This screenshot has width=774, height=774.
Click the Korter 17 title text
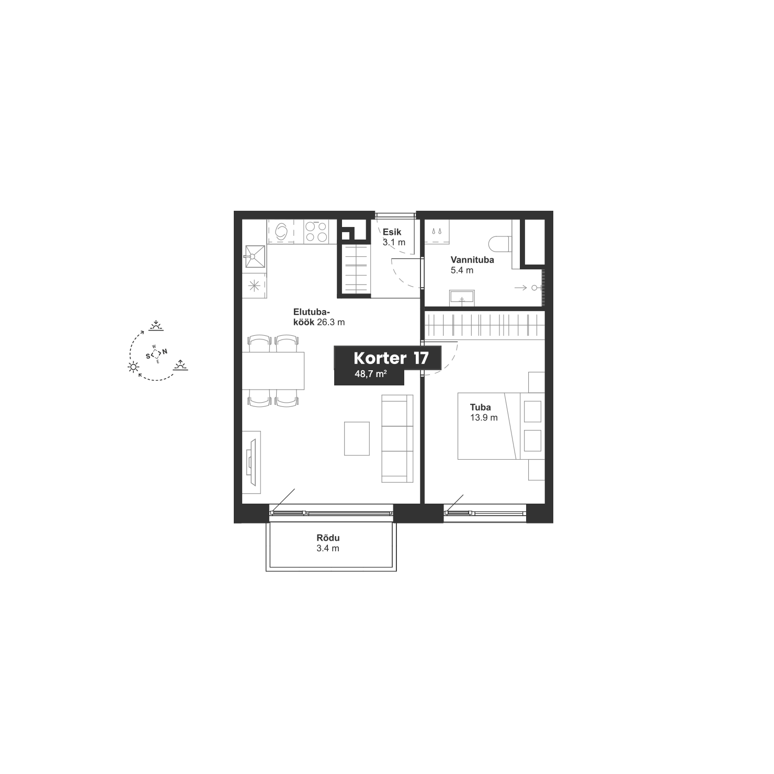point(391,358)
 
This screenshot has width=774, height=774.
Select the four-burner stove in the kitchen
point(316,232)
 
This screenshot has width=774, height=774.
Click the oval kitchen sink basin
point(281,231)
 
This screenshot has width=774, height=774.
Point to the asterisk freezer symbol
point(254,286)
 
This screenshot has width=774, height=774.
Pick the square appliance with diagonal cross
point(255,257)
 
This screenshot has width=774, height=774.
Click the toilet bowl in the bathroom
point(499,244)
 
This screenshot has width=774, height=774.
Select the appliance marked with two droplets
point(436,232)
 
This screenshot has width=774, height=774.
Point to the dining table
point(274,371)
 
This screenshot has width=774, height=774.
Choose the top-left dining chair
point(259,343)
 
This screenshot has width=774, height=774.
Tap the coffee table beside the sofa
point(357,438)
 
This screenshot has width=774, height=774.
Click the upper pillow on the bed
point(533,411)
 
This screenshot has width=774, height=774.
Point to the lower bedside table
point(537,470)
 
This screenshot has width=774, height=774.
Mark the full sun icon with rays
point(134,367)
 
